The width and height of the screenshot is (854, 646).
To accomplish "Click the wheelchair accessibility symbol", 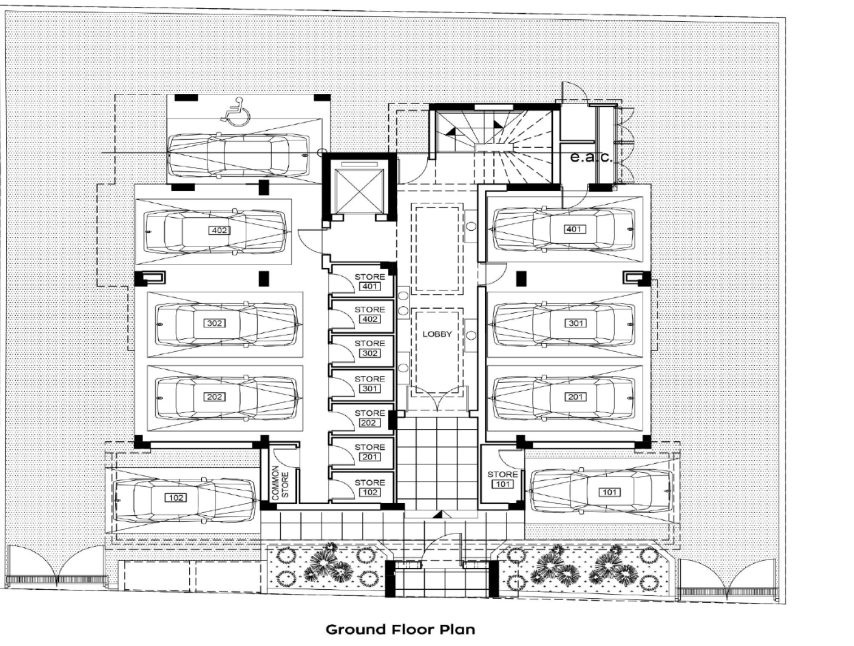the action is coord(235,112).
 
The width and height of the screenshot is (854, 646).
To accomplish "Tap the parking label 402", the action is coord(219,230).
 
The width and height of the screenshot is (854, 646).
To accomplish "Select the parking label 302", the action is coord(214,323).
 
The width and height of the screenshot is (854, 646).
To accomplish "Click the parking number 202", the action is coord(214,397).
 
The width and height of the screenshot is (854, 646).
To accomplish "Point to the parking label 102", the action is coord(176,497).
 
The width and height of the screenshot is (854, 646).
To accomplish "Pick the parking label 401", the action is coord(574,229).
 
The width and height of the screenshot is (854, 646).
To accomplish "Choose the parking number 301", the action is coord(575,323).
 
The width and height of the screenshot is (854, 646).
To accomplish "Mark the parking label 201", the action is coord(575,397).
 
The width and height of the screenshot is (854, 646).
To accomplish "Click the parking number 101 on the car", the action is coord(609,492).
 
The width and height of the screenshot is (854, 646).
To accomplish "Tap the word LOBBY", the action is coord(437,334).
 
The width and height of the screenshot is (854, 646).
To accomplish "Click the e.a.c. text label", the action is coord(591,158).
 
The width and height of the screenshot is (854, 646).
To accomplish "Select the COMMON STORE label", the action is coord(281,483).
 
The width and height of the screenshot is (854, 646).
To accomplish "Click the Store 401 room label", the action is coord(370,282).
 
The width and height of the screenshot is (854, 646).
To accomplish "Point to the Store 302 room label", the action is coord(370,348).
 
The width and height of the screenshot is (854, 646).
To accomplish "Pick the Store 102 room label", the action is coord(370,487).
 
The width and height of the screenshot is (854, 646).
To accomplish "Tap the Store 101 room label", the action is coord(503,479).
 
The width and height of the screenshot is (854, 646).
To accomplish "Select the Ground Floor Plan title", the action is coord(400,630).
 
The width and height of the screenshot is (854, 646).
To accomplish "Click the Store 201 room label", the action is coord(370,451).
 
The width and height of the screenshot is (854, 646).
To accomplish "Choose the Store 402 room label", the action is coord(370,314).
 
